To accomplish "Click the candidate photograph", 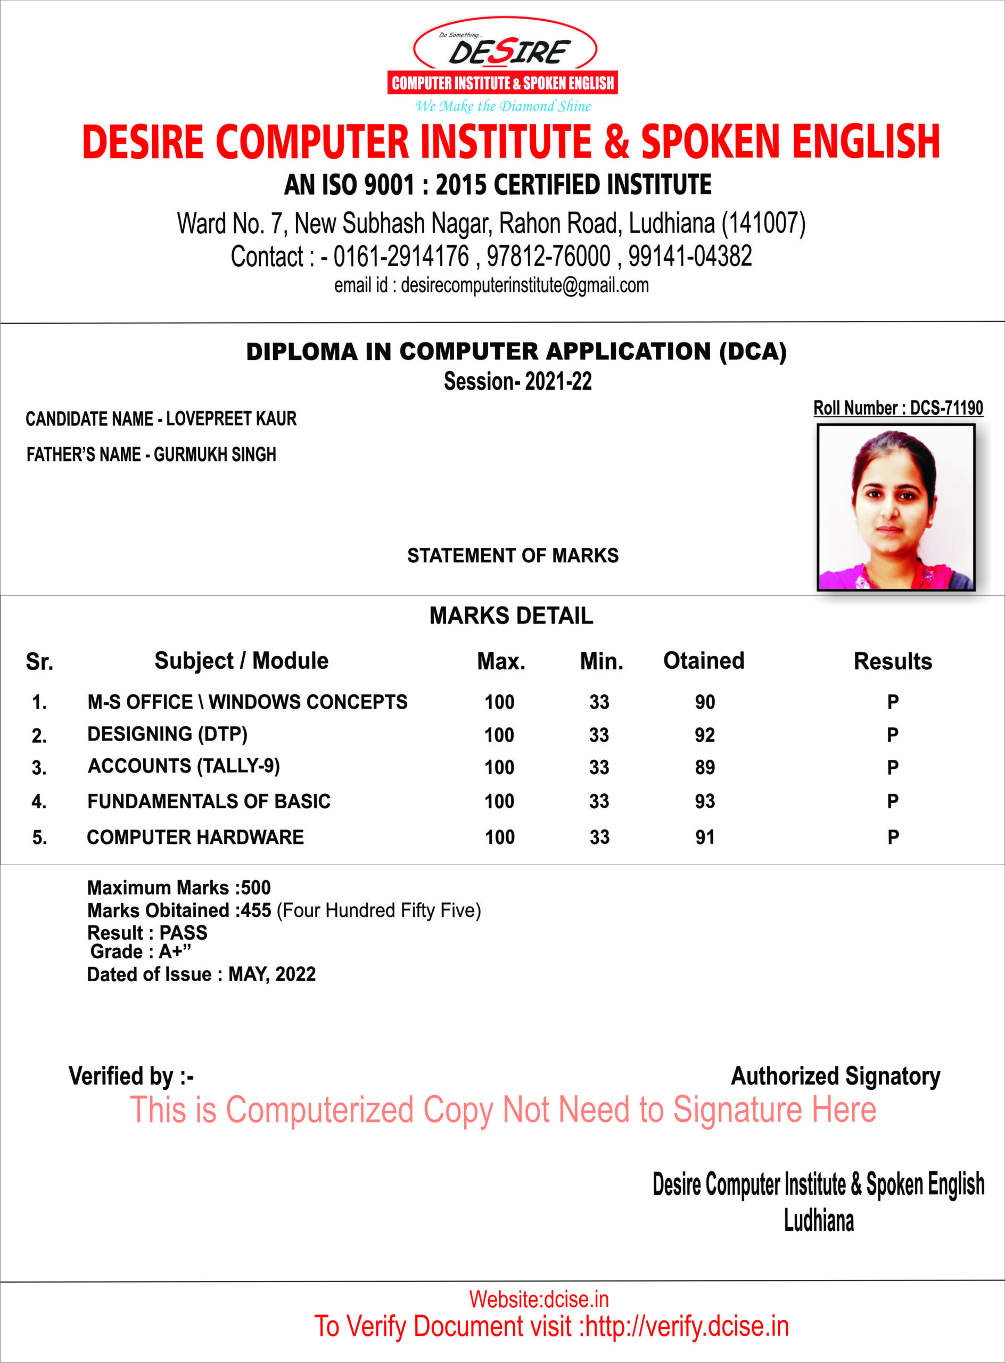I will pyautogui.click(x=895, y=507).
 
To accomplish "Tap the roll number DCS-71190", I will pyautogui.click(x=946, y=408).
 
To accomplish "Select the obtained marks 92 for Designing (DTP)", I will pyautogui.click(x=704, y=735).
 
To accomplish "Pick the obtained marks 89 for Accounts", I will pyautogui.click(x=704, y=767).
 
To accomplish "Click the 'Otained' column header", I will pyautogui.click(x=703, y=661).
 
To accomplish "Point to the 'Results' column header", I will pyautogui.click(x=893, y=661).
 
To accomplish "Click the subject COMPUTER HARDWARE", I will pyautogui.click(x=195, y=837).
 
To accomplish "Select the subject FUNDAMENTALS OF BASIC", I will pyautogui.click(x=209, y=801).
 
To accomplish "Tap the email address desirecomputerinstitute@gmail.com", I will pyautogui.click(x=524, y=285).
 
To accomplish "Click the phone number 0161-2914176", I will pyautogui.click(x=401, y=256).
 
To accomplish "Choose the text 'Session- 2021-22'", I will pyautogui.click(x=518, y=382).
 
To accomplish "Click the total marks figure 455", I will pyautogui.click(x=256, y=910).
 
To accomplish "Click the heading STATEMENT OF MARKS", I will pyautogui.click(x=513, y=555).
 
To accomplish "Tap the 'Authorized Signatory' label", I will pyautogui.click(x=835, y=1076).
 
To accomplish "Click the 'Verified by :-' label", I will pyautogui.click(x=131, y=1076).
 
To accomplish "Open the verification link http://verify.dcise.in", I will pyautogui.click(x=687, y=1326).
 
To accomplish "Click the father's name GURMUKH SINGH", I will pyautogui.click(x=215, y=455).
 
